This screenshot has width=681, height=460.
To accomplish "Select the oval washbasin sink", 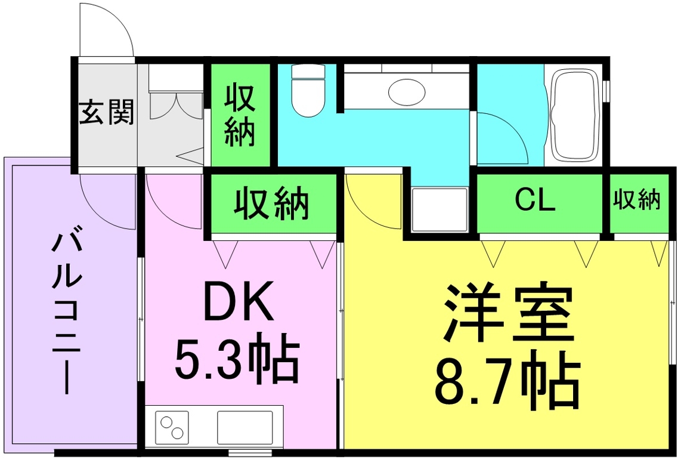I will tap(407, 92).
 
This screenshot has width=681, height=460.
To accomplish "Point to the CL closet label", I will tap(535, 201).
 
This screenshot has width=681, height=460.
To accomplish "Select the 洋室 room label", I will tap(508, 313).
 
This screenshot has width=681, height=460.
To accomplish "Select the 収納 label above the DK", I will tap(271, 203).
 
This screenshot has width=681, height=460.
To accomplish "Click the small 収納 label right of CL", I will tap(637, 200).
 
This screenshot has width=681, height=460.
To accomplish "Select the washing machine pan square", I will tap(438, 209).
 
